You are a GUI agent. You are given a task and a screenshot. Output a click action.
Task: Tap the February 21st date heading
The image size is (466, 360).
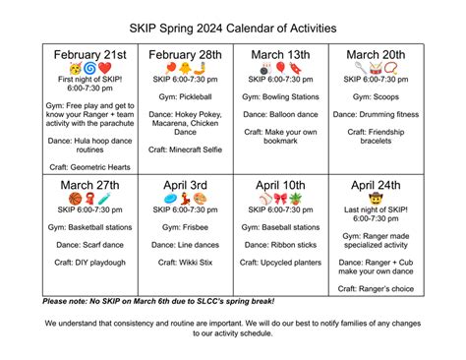(89, 53)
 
